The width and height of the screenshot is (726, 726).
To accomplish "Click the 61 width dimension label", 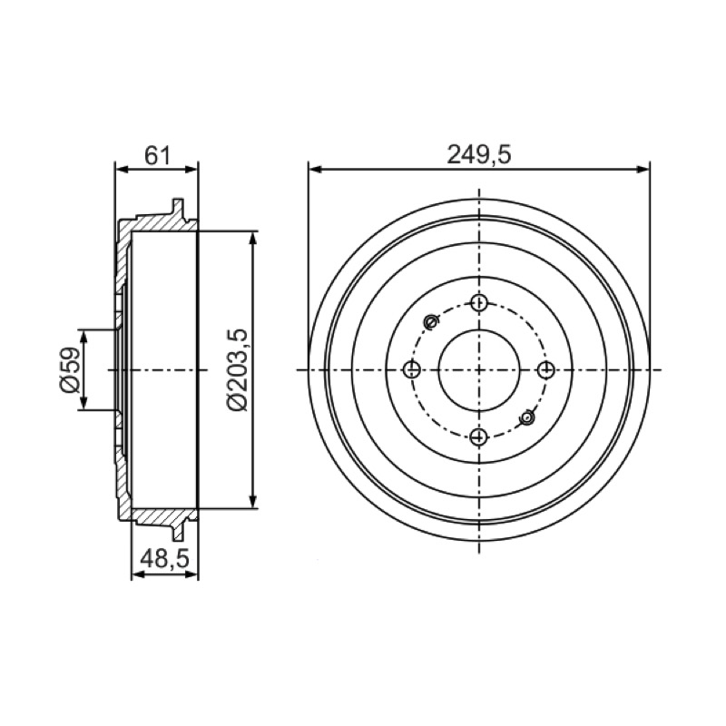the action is (157, 155).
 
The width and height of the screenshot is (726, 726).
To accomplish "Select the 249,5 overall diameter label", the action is (479, 154).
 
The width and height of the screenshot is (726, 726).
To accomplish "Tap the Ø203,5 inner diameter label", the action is (238, 369).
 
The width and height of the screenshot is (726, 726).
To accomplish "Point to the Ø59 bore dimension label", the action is (70, 369).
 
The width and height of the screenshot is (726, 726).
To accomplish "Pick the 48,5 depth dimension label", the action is (165, 559).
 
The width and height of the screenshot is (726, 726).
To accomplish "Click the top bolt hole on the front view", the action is (479, 303).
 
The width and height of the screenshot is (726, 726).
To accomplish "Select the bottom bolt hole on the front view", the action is (479, 437).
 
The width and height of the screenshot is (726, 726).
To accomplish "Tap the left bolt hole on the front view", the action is (412, 369).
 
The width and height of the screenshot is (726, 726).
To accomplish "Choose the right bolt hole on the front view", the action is (546, 369).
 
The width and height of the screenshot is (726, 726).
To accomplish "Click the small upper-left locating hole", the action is (431, 320).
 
